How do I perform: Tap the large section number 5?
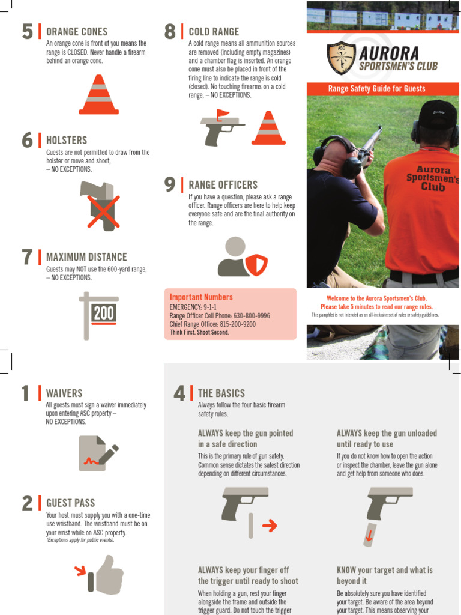[28, 32]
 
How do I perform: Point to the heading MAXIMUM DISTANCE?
[86, 258]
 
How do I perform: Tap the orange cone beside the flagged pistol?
[268, 128]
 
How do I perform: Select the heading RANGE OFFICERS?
[223, 185]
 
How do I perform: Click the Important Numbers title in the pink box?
[201, 297]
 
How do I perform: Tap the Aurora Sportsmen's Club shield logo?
[341, 58]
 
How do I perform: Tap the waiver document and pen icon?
[98, 453]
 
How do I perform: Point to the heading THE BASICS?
[221, 393]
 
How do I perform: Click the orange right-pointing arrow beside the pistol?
[270, 526]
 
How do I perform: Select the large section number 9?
[170, 185]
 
